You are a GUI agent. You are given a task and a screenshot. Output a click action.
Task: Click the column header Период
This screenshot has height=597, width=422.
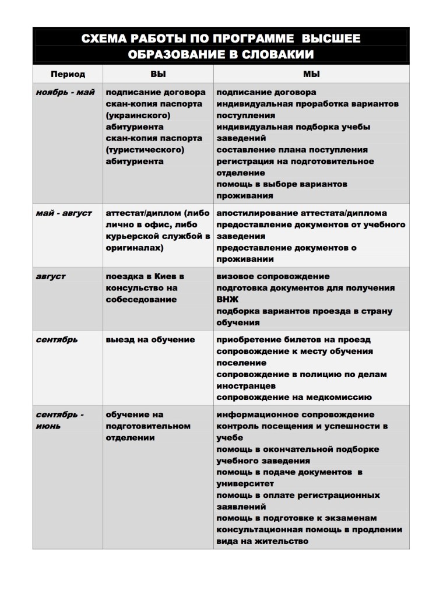point(68,75)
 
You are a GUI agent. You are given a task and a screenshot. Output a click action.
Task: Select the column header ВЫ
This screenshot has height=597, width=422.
point(158,75)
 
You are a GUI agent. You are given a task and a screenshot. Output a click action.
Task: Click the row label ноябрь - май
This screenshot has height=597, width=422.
point(65,92)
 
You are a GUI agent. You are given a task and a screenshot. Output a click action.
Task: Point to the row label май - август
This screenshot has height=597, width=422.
point(64,213)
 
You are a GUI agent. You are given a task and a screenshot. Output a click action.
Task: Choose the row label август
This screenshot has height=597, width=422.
point(51,276)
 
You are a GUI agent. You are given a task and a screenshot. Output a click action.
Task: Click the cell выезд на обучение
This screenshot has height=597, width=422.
point(150,340)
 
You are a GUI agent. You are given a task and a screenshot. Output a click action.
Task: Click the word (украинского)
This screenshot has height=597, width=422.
point(138,115)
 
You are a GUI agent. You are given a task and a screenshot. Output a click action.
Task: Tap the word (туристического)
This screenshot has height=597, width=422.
point(145,150)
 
